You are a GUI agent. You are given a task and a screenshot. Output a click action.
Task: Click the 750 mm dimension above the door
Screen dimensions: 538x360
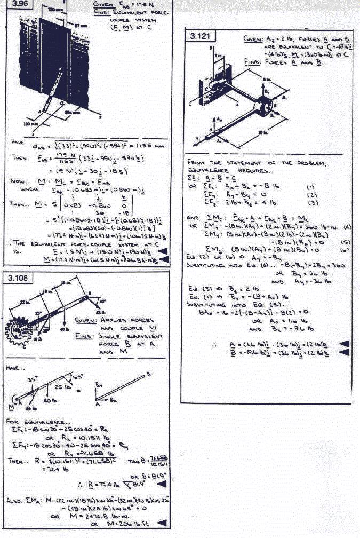tap(52, 10)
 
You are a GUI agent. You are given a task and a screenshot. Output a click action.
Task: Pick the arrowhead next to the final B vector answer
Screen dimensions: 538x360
tap(344, 354)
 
